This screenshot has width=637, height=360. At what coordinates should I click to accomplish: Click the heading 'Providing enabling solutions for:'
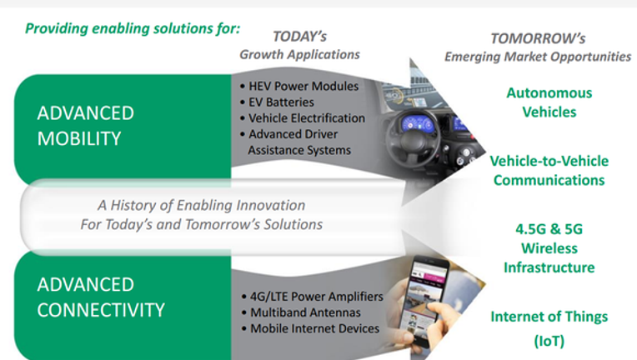[x=133, y=29]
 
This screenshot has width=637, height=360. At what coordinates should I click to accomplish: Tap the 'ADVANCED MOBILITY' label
[x=85, y=126]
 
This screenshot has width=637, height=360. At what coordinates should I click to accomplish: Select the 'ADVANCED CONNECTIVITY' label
[x=101, y=297]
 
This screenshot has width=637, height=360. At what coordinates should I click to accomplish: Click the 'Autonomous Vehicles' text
[x=549, y=102]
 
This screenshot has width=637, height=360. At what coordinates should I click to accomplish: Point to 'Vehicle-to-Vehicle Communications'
[x=549, y=171]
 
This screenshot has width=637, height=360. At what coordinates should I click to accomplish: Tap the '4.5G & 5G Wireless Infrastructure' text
[x=549, y=248]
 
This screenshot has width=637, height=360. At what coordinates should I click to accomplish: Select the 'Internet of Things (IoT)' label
[x=549, y=328]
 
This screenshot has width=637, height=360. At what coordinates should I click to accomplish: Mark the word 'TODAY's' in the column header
[x=300, y=37]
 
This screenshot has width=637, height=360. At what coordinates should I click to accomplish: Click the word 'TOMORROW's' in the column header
[x=538, y=38]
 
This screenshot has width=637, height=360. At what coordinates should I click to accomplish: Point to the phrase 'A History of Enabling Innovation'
[x=202, y=205]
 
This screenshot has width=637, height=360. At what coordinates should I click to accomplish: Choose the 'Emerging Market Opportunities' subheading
[x=538, y=57]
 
